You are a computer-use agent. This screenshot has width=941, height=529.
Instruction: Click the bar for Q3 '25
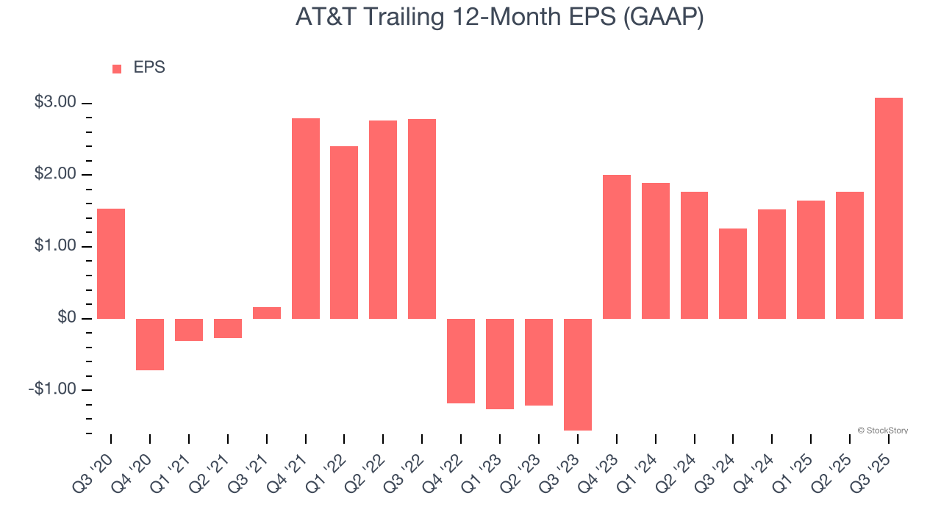pos(888,208)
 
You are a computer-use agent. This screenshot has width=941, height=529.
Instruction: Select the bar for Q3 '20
pos(111,263)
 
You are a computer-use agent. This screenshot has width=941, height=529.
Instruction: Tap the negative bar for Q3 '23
pos(577,374)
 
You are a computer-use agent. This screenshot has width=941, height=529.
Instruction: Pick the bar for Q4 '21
pos(306,218)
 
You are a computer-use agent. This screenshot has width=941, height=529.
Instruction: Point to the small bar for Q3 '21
pos(267,313)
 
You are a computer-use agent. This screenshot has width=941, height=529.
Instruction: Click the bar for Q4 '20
pos(150,344)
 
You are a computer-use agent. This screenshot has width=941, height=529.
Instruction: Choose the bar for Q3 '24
pos(732,273)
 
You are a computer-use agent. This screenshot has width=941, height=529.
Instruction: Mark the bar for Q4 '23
pos(616,246)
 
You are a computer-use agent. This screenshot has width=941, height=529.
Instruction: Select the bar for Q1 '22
pos(344,232)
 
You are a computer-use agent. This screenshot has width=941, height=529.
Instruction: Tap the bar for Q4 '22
pos(461,361)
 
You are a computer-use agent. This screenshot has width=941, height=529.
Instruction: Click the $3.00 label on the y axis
pos(55,102)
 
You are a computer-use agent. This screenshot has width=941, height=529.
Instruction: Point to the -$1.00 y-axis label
pos(52,389)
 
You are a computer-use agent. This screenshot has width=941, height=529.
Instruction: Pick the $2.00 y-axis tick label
pos(55,174)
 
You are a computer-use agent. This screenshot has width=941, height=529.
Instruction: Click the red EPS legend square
pos(117,69)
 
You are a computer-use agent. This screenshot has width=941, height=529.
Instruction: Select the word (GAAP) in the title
pos(663,17)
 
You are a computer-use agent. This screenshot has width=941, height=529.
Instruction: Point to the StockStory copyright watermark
pos(882,431)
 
